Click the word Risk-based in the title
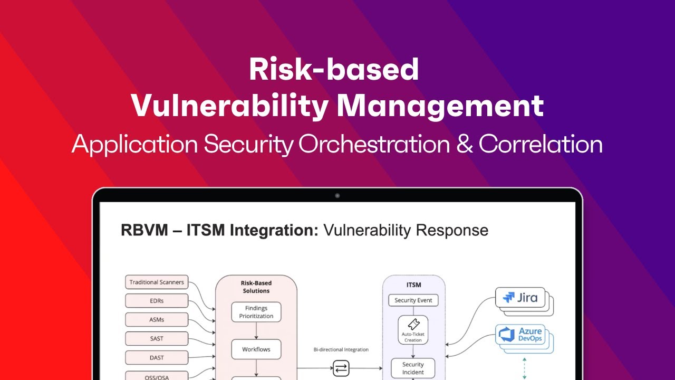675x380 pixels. coord(334,70)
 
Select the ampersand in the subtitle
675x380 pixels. coord(465,144)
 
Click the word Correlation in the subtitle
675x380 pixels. coord(541,144)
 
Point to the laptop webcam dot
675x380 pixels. coord(337,196)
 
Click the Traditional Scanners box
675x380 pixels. coord(157,282)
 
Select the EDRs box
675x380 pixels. coord(157,301)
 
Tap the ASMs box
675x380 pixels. coord(157,319)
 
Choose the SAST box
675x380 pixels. coord(157,338)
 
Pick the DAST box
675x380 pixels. coord(157,357)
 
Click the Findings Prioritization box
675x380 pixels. coord(256,312)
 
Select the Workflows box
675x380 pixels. coord(256,349)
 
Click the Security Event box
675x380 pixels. coord(413,300)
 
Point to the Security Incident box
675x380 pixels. coord(413,368)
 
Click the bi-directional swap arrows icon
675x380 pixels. coord(341,368)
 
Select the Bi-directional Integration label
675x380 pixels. coord(341,349)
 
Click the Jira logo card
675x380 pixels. coord(521,298)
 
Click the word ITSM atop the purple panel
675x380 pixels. coord(414,284)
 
